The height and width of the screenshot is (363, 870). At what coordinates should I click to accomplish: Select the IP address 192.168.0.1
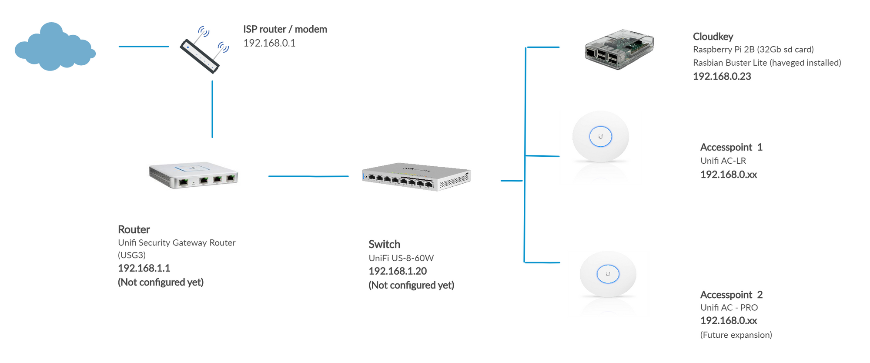(269, 43)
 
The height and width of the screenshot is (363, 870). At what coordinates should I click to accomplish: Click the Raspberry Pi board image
(619, 49)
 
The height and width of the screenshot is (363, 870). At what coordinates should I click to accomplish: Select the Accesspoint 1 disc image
(600, 137)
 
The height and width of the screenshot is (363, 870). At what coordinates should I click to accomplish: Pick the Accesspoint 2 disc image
(608, 274)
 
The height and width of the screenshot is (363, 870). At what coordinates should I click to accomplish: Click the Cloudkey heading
(713, 37)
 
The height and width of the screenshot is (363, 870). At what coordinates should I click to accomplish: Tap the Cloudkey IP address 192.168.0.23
(722, 77)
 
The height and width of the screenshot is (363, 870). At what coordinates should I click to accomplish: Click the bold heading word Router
(134, 229)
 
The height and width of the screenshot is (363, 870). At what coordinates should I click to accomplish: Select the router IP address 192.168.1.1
(144, 268)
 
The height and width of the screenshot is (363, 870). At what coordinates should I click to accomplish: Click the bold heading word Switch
(384, 244)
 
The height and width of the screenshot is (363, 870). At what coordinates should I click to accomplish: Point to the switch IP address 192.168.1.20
(398, 271)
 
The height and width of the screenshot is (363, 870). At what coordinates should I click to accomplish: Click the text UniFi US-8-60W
(401, 258)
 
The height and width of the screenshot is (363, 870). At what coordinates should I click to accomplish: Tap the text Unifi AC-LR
(723, 161)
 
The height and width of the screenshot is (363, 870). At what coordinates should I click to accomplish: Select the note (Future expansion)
(736, 335)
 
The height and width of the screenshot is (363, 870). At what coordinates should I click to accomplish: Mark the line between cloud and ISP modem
(144, 46)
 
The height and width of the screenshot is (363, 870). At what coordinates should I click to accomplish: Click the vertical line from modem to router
(212, 109)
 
